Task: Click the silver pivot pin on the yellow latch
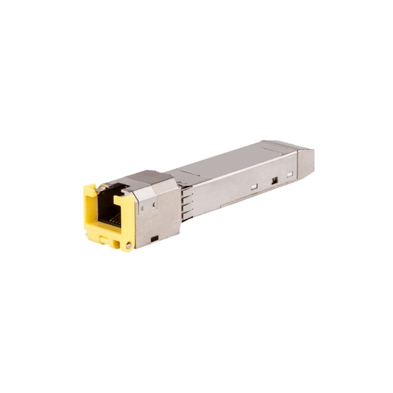(128, 246)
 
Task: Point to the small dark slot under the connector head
(154, 237)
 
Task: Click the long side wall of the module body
(229, 188)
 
